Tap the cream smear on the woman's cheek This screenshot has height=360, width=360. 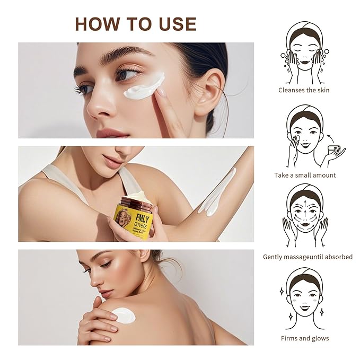(144, 86)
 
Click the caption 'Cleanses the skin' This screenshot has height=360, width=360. (304, 90)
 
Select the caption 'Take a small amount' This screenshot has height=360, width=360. (305, 175)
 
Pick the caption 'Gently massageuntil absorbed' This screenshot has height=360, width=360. (308, 257)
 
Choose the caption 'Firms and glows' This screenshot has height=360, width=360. (304, 338)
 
